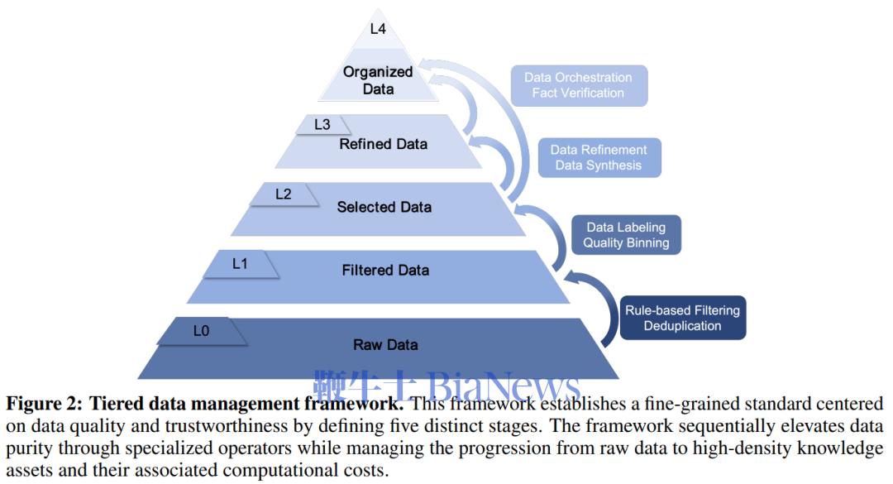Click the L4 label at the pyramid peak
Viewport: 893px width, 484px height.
(x=378, y=28)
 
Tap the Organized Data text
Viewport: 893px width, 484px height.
(x=378, y=80)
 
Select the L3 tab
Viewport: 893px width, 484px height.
(x=322, y=124)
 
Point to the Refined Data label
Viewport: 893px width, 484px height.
(x=384, y=144)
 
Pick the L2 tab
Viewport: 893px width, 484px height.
(x=284, y=194)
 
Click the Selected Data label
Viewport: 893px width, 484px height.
(x=384, y=207)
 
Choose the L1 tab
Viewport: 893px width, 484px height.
(x=241, y=264)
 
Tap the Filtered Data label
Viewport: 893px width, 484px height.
(x=385, y=271)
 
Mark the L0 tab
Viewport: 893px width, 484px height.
(x=202, y=331)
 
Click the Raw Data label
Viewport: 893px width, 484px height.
(x=385, y=345)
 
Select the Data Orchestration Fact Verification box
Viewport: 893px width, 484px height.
(x=579, y=85)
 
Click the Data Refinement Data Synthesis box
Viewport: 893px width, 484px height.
(x=599, y=157)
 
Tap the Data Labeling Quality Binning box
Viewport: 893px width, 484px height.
(x=626, y=235)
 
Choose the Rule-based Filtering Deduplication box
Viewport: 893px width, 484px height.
(x=682, y=318)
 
